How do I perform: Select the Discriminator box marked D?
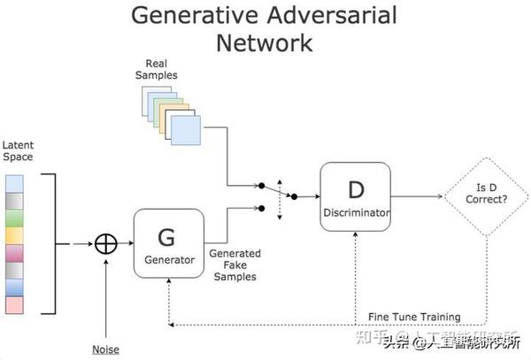tap(354, 196)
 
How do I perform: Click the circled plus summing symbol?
tap(106, 242)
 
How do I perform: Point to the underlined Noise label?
tap(105, 349)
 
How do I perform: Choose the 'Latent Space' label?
tap(17, 150)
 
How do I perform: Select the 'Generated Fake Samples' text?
tap(234, 264)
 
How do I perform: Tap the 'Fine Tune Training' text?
tap(413, 317)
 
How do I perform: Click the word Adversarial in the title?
tap(335, 15)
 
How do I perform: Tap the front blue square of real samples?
tap(186, 131)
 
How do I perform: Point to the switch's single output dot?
tap(294, 196)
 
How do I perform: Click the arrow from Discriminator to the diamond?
tap(416, 196)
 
